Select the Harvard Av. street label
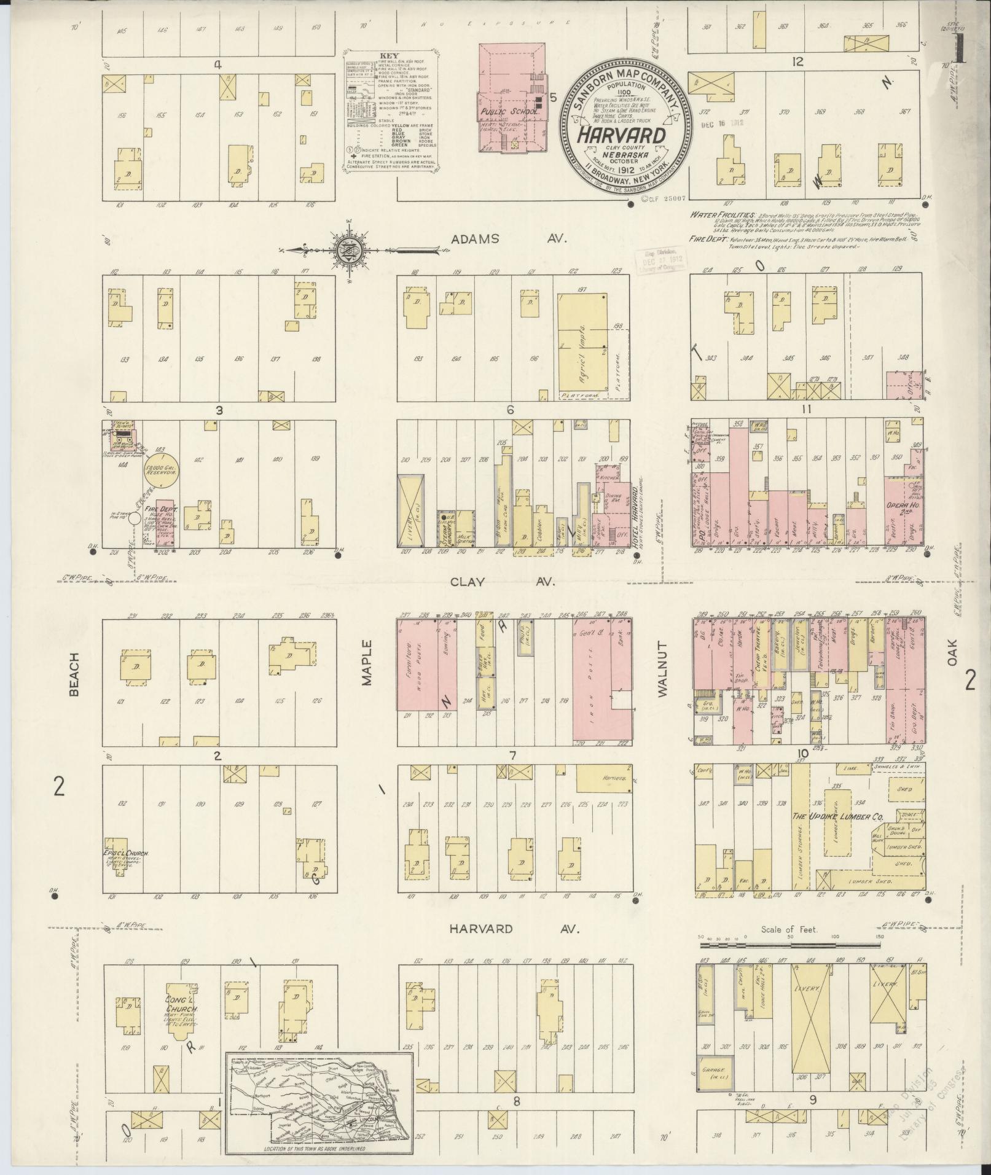513,929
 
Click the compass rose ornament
344,250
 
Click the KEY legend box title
390,55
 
